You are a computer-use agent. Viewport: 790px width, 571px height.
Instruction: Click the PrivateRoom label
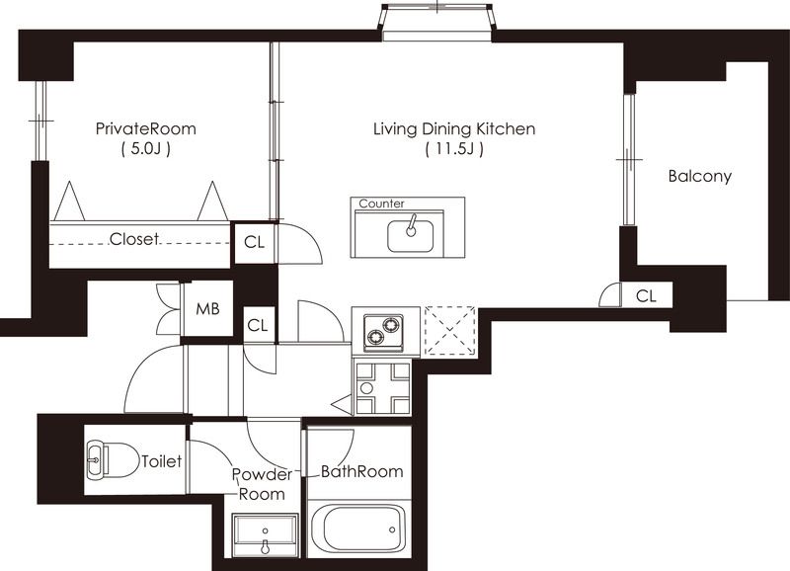[x=145, y=128]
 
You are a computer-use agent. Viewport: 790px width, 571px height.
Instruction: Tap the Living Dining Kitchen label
[x=454, y=129]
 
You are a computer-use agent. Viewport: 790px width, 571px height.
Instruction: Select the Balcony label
[x=699, y=177]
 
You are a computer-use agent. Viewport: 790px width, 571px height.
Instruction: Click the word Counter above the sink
[x=381, y=204]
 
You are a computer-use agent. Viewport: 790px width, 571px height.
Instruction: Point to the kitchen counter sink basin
[x=410, y=236]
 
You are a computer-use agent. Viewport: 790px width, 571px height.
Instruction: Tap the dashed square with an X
[x=450, y=331]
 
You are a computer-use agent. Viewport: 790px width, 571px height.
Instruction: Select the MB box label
[x=207, y=308]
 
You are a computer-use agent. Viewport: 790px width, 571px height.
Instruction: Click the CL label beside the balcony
[x=646, y=295]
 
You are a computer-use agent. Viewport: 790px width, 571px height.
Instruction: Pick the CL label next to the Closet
[x=254, y=242]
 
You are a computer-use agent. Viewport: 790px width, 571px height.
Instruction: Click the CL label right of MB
[x=258, y=326]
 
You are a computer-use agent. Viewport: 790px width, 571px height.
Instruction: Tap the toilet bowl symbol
[x=113, y=460]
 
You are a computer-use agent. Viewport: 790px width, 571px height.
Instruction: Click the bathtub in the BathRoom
[x=358, y=530]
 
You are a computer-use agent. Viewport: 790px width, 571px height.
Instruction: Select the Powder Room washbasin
[x=265, y=535]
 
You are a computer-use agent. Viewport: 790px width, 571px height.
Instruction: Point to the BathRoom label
[x=362, y=472]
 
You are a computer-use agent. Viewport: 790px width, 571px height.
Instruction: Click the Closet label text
[x=133, y=239]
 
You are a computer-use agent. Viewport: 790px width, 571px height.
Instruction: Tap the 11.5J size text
[x=454, y=149]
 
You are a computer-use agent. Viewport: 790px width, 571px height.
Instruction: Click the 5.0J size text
[x=145, y=149]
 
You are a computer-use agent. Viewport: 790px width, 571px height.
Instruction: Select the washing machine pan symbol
[x=383, y=388]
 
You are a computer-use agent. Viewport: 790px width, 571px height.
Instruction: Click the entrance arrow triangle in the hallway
[x=343, y=404]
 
